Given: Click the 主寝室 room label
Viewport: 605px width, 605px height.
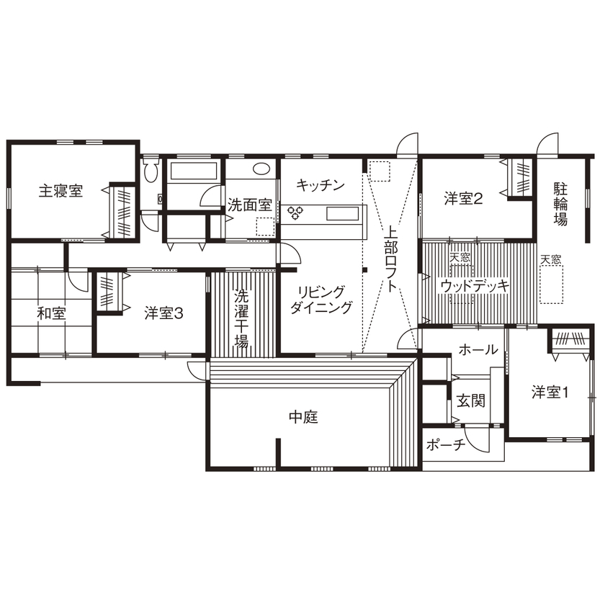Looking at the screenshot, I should coord(60,191).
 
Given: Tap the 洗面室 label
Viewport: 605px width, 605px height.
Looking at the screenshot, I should coord(249,205).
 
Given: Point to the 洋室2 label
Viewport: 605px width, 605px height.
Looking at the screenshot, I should coord(462,198).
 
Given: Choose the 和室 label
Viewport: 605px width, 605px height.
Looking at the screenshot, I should coord(52,313).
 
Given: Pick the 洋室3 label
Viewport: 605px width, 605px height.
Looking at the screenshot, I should coord(164,313).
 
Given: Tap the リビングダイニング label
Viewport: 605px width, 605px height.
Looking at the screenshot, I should coord(321,300).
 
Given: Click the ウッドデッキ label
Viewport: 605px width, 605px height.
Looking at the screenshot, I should coord(475,285).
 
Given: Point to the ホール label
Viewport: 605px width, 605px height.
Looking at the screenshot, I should coord(478,350).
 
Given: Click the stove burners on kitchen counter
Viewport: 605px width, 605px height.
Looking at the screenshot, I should coord(295,212).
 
